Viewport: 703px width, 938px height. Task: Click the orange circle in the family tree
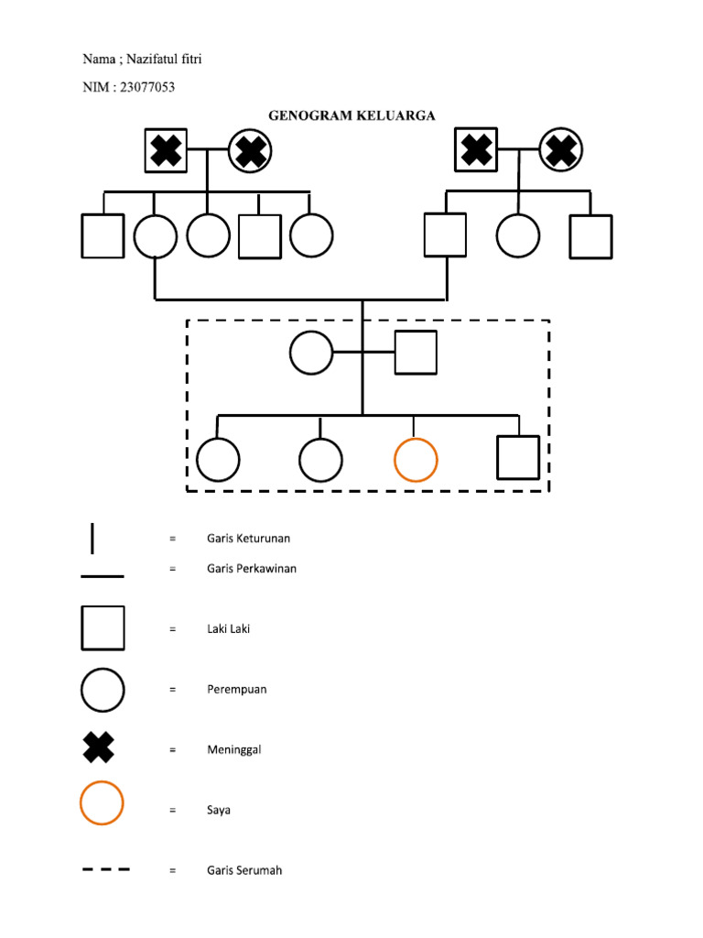(416, 460)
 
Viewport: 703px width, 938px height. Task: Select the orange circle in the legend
(102, 803)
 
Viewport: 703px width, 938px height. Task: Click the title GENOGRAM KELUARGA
(351, 115)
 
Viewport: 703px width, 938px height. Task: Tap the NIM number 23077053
(147, 88)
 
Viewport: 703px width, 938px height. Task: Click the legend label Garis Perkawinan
(251, 568)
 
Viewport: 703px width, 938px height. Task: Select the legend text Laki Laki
(228, 629)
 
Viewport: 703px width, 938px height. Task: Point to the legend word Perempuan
(236, 690)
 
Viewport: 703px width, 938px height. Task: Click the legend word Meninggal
(233, 749)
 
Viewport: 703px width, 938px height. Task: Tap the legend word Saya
(218, 811)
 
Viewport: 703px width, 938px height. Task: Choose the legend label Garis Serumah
(243, 870)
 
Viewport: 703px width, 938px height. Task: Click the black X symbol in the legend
(100, 747)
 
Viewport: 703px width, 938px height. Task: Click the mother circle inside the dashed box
(311, 353)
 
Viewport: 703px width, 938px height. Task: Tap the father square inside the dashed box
(416, 353)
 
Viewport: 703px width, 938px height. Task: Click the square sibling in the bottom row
(517, 458)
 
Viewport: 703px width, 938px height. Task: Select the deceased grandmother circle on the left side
(250, 150)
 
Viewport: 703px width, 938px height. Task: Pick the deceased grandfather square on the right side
(476, 150)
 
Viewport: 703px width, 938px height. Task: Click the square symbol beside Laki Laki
(103, 628)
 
